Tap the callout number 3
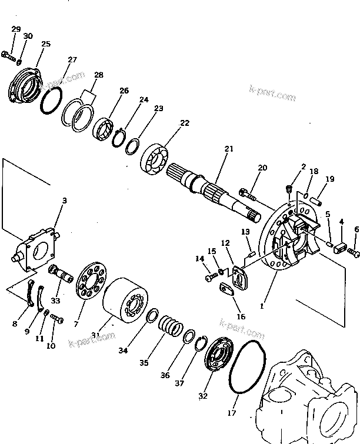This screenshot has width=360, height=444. click(65, 201)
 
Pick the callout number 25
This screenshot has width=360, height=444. click(46, 44)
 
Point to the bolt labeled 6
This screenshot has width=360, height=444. click(354, 252)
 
